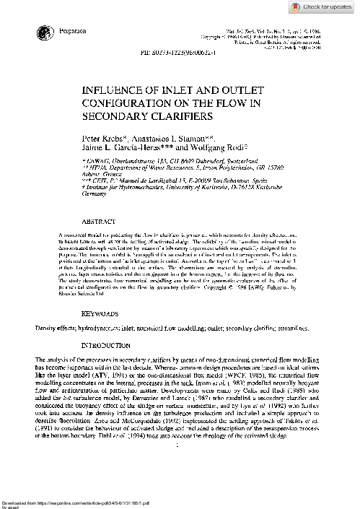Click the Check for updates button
coord(322,7)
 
